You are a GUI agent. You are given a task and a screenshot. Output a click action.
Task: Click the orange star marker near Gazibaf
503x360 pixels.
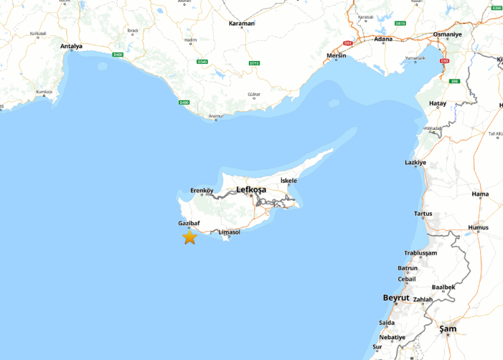pyautogui.click(x=189, y=237)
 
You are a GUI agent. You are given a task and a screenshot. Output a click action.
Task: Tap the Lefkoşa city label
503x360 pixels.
pyautogui.click(x=251, y=189)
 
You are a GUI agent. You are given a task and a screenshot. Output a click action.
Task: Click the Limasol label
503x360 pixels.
pyautogui.click(x=229, y=232)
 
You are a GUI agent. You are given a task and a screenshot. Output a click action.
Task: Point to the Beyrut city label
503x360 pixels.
pyautogui.click(x=396, y=297)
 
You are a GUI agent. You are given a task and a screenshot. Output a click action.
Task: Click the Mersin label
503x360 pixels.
pyautogui.click(x=336, y=55)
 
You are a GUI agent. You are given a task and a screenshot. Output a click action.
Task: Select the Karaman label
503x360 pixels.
pyautogui.click(x=242, y=23)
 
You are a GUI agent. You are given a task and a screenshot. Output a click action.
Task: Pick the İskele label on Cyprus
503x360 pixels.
pyautogui.click(x=288, y=180)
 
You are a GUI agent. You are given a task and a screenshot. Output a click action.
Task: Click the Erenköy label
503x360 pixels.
pyautogui.click(x=202, y=190)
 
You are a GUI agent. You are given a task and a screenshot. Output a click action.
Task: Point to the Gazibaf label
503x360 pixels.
pyautogui.click(x=189, y=223)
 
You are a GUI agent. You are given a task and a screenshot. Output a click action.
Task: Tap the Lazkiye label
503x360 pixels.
pyautogui.click(x=415, y=163)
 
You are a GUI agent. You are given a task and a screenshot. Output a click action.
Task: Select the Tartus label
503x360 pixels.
pyautogui.click(x=423, y=214)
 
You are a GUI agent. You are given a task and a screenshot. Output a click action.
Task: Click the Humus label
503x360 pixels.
pyautogui.click(x=478, y=228)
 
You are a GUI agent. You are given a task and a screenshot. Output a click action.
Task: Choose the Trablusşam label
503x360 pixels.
pyautogui.click(x=420, y=253)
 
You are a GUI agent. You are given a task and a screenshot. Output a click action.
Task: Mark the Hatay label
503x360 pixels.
pyautogui.click(x=438, y=103)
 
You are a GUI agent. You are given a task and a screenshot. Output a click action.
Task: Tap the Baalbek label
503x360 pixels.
pyautogui.click(x=443, y=287)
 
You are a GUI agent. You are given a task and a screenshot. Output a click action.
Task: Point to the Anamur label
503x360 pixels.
pyautogui.click(x=215, y=115)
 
